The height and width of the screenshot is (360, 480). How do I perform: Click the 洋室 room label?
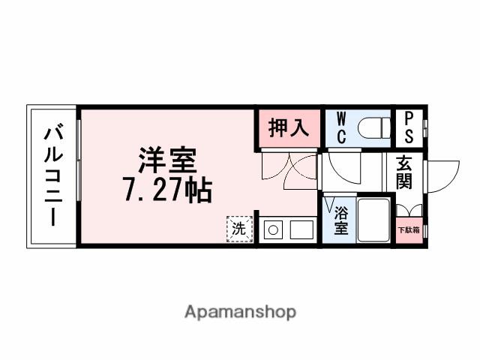point(166,161)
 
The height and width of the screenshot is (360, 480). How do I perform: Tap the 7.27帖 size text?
point(166,191)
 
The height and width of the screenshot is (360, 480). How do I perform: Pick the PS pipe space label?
point(409,127)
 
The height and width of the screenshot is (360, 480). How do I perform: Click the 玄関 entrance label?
point(404,172)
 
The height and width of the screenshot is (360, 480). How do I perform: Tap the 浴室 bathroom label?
point(340,220)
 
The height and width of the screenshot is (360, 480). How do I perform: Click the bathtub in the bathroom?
point(373,219)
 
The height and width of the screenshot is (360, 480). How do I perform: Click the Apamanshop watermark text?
point(240,311)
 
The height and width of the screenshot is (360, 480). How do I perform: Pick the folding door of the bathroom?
point(330,204)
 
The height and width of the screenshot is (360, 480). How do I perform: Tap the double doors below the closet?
point(289,166)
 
